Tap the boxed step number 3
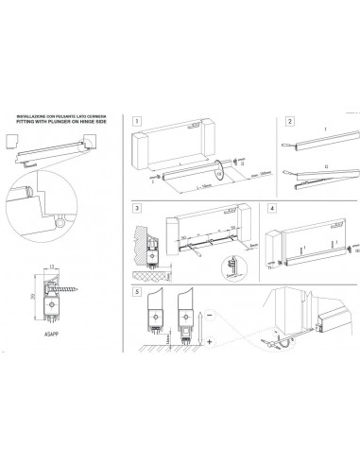coord(138,207)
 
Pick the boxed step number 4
coord(272,207)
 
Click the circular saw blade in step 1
coord(219,169)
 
